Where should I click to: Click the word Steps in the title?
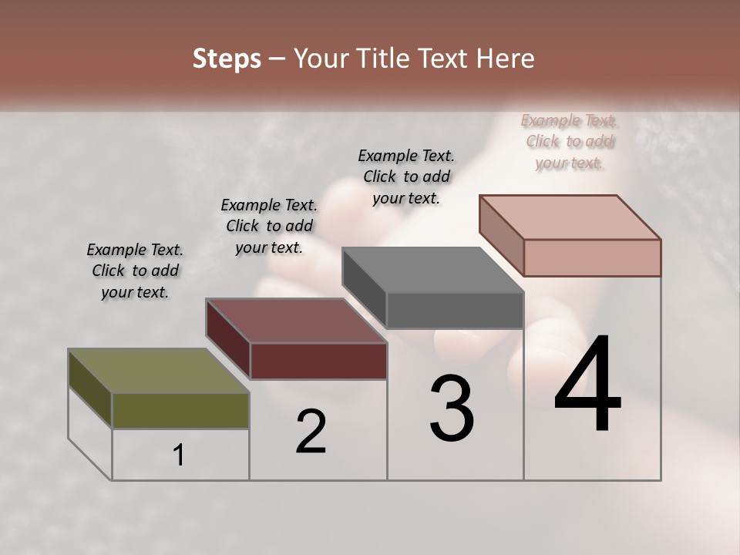(227, 59)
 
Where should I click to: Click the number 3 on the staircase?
(452, 408)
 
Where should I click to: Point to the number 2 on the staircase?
(311, 432)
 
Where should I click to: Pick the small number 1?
(179, 456)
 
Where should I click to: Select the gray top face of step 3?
(432, 270)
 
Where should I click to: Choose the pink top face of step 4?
(570, 217)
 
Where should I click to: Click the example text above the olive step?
(135, 271)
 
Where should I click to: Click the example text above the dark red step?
(269, 226)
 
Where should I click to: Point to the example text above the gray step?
(406, 177)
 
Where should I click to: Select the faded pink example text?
(570, 141)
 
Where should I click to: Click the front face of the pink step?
(592, 257)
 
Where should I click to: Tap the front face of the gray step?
(455, 311)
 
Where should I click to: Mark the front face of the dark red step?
(318, 361)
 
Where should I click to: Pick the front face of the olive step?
(180, 411)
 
